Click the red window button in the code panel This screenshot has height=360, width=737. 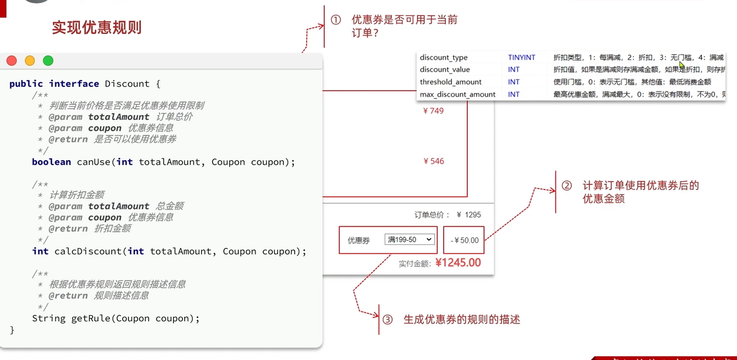(x=12, y=61)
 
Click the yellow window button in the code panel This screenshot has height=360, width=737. (x=30, y=61)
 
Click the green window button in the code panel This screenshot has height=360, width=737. (x=48, y=61)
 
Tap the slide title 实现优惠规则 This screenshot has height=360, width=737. (x=97, y=28)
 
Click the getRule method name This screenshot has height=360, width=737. (x=91, y=318)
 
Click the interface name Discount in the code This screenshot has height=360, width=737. (x=127, y=84)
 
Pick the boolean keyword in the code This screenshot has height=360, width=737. (x=51, y=162)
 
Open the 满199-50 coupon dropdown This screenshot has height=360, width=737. (x=409, y=240)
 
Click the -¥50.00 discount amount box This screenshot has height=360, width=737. (x=464, y=240)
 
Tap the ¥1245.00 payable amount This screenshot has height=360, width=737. (x=458, y=263)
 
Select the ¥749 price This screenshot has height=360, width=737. (x=434, y=111)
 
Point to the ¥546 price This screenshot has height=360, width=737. (x=434, y=161)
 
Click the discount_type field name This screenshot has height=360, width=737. (x=443, y=58)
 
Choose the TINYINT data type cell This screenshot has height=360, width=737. (x=522, y=58)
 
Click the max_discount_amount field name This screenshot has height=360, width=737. (x=457, y=94)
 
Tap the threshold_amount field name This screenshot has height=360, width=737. (x=450, y=82)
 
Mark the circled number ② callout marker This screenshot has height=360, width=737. (x=567, y=186)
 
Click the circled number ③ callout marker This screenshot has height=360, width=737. (x=387, y=319)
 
